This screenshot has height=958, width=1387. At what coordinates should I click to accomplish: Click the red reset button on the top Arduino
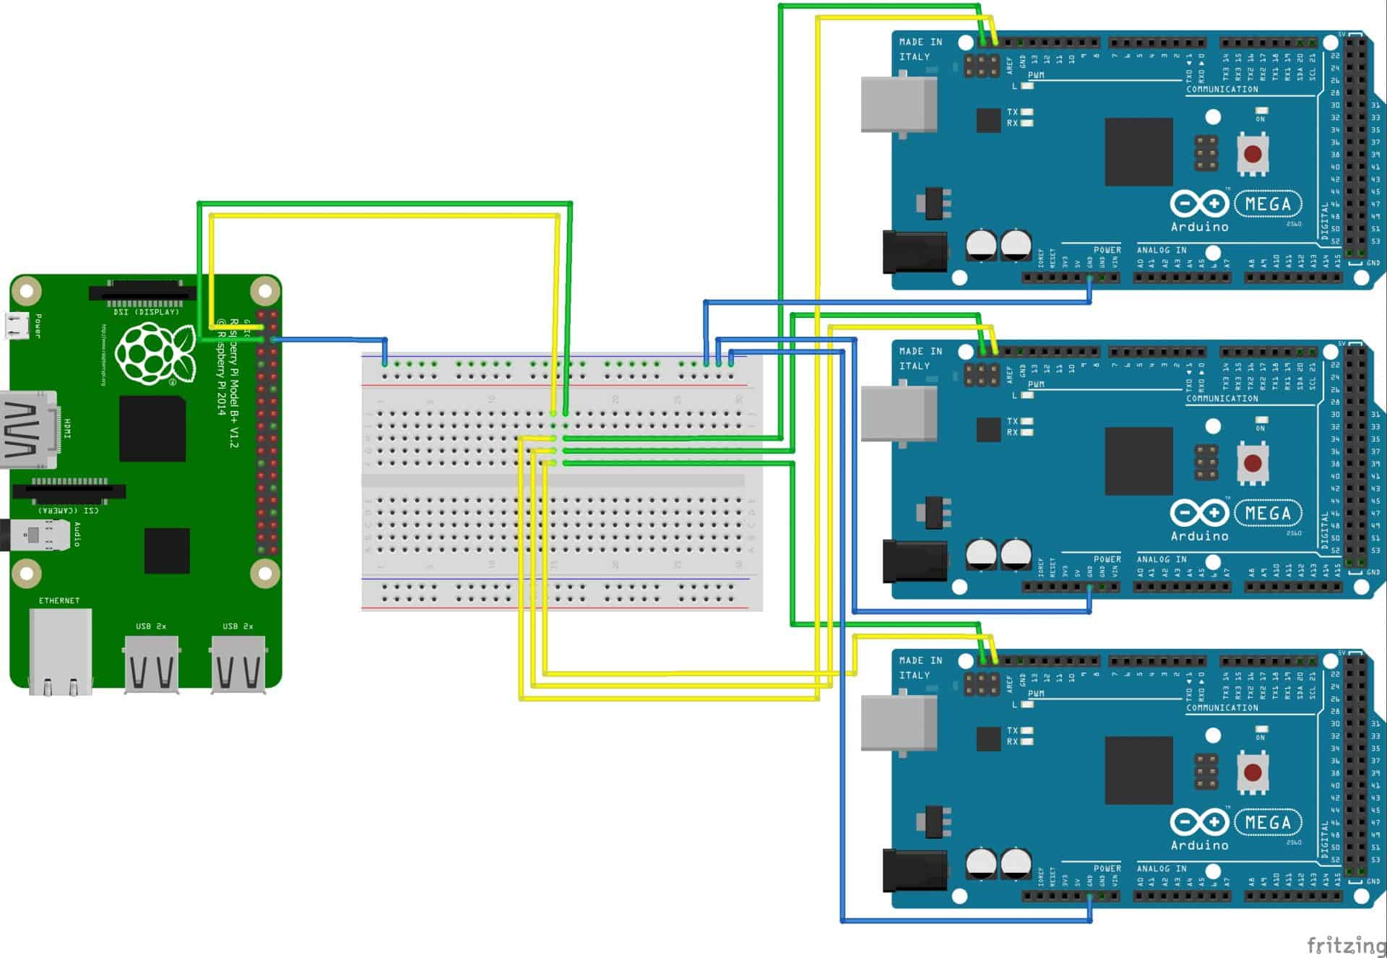point(1253,154)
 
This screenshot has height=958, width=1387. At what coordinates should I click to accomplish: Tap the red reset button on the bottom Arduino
point(1253,772)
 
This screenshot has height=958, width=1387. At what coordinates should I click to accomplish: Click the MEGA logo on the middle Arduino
point(1268,514)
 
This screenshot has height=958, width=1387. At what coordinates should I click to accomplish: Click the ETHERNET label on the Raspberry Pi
point(59,600)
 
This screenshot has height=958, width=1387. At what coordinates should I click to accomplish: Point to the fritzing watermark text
point(1345,944)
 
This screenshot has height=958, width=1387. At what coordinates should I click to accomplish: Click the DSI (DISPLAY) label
point(146,312)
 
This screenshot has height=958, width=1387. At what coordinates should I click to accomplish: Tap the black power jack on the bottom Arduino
point(914,870)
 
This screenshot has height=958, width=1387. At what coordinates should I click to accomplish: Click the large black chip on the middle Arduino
point(1138,461)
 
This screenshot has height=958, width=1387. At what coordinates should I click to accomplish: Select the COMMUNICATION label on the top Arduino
point(1222,90)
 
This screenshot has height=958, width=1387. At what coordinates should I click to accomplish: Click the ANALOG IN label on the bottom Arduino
point(1161,869)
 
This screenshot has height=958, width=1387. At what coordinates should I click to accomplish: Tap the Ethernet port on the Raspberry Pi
point(61,650)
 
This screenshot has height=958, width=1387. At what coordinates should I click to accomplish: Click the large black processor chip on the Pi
point(152,428)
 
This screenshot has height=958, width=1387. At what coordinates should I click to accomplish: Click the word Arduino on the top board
point(1199,227)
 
